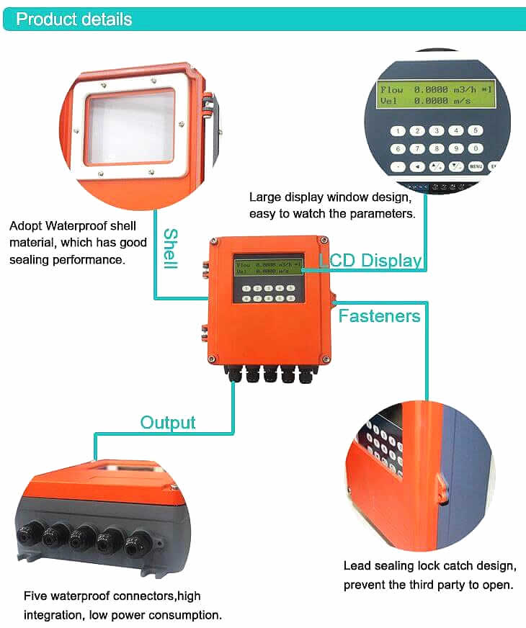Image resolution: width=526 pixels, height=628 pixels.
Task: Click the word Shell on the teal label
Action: tap(170, 248)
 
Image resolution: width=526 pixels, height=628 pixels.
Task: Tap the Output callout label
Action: tap(167, 422)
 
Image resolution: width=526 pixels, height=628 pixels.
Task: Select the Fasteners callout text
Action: tap(379, 315)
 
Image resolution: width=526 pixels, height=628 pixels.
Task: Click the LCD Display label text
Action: tap(370, 260)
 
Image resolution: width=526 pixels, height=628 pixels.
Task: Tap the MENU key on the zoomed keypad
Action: tap(475, 166)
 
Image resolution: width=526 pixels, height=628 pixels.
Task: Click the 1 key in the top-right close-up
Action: tap(397, 131)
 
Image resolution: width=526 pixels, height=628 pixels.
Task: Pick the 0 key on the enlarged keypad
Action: tap(475, 148)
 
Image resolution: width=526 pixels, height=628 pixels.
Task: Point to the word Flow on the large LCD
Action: tap(391, 89)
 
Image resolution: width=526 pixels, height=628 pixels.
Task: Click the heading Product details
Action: tap(74, 19)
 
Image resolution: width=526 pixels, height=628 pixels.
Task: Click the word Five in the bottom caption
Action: tap(35, 596)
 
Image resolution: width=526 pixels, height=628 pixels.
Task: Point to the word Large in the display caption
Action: tap(264, 197)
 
